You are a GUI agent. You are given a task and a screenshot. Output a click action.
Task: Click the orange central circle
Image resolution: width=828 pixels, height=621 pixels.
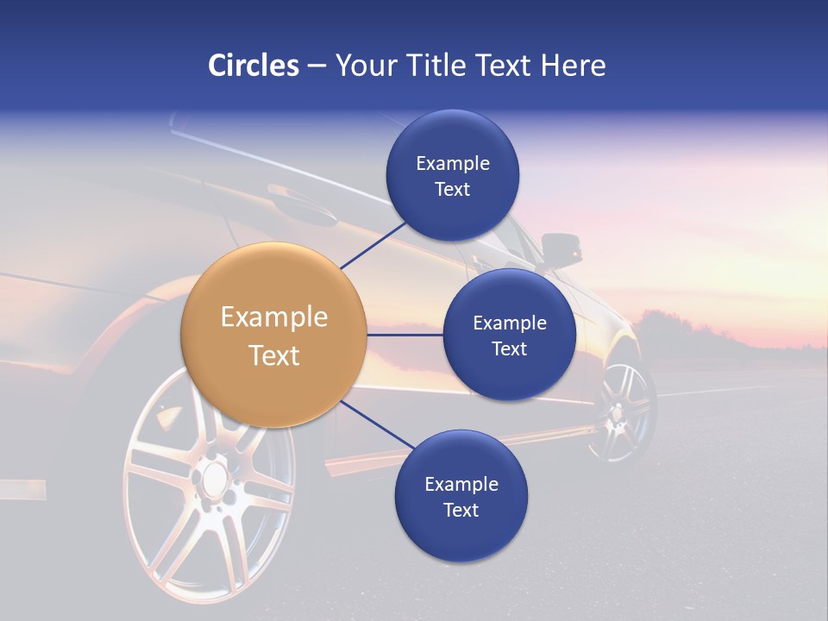pyautogui.click(x=274, y=335)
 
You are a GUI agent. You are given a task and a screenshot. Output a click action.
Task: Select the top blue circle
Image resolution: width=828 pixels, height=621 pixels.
pyautogui.click(x=452, y=175)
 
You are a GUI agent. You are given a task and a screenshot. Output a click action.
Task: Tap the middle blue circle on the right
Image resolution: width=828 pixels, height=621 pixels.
pyautogui.click(x=509, y=335)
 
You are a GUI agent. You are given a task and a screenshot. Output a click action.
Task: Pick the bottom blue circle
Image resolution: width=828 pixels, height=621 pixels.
pyautogui.click(x=461, y=496)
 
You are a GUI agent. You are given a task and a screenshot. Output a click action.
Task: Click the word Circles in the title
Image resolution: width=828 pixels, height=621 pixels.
pyautogui.click(x=253, y=66)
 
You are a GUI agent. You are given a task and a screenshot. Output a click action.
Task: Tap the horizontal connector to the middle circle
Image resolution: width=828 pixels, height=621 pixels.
pyautogui.click(x=405, y=335)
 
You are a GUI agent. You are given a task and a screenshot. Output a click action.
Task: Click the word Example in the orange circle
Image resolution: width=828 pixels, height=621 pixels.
pyautogui.click(x=274, y=317)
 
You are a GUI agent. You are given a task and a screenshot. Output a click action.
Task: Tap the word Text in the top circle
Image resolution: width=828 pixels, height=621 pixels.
pyautogui.click(x=452, y=190)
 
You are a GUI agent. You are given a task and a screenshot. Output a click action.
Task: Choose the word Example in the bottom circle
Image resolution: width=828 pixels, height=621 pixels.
pyautogui.click(x=461, y=485)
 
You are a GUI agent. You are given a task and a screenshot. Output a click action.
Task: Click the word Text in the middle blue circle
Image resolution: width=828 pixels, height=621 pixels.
pyautogui.click(x=509, y=349)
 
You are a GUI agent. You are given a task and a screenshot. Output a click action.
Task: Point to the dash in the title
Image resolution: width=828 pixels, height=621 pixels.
pyautogui.click(x=317, y=66)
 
